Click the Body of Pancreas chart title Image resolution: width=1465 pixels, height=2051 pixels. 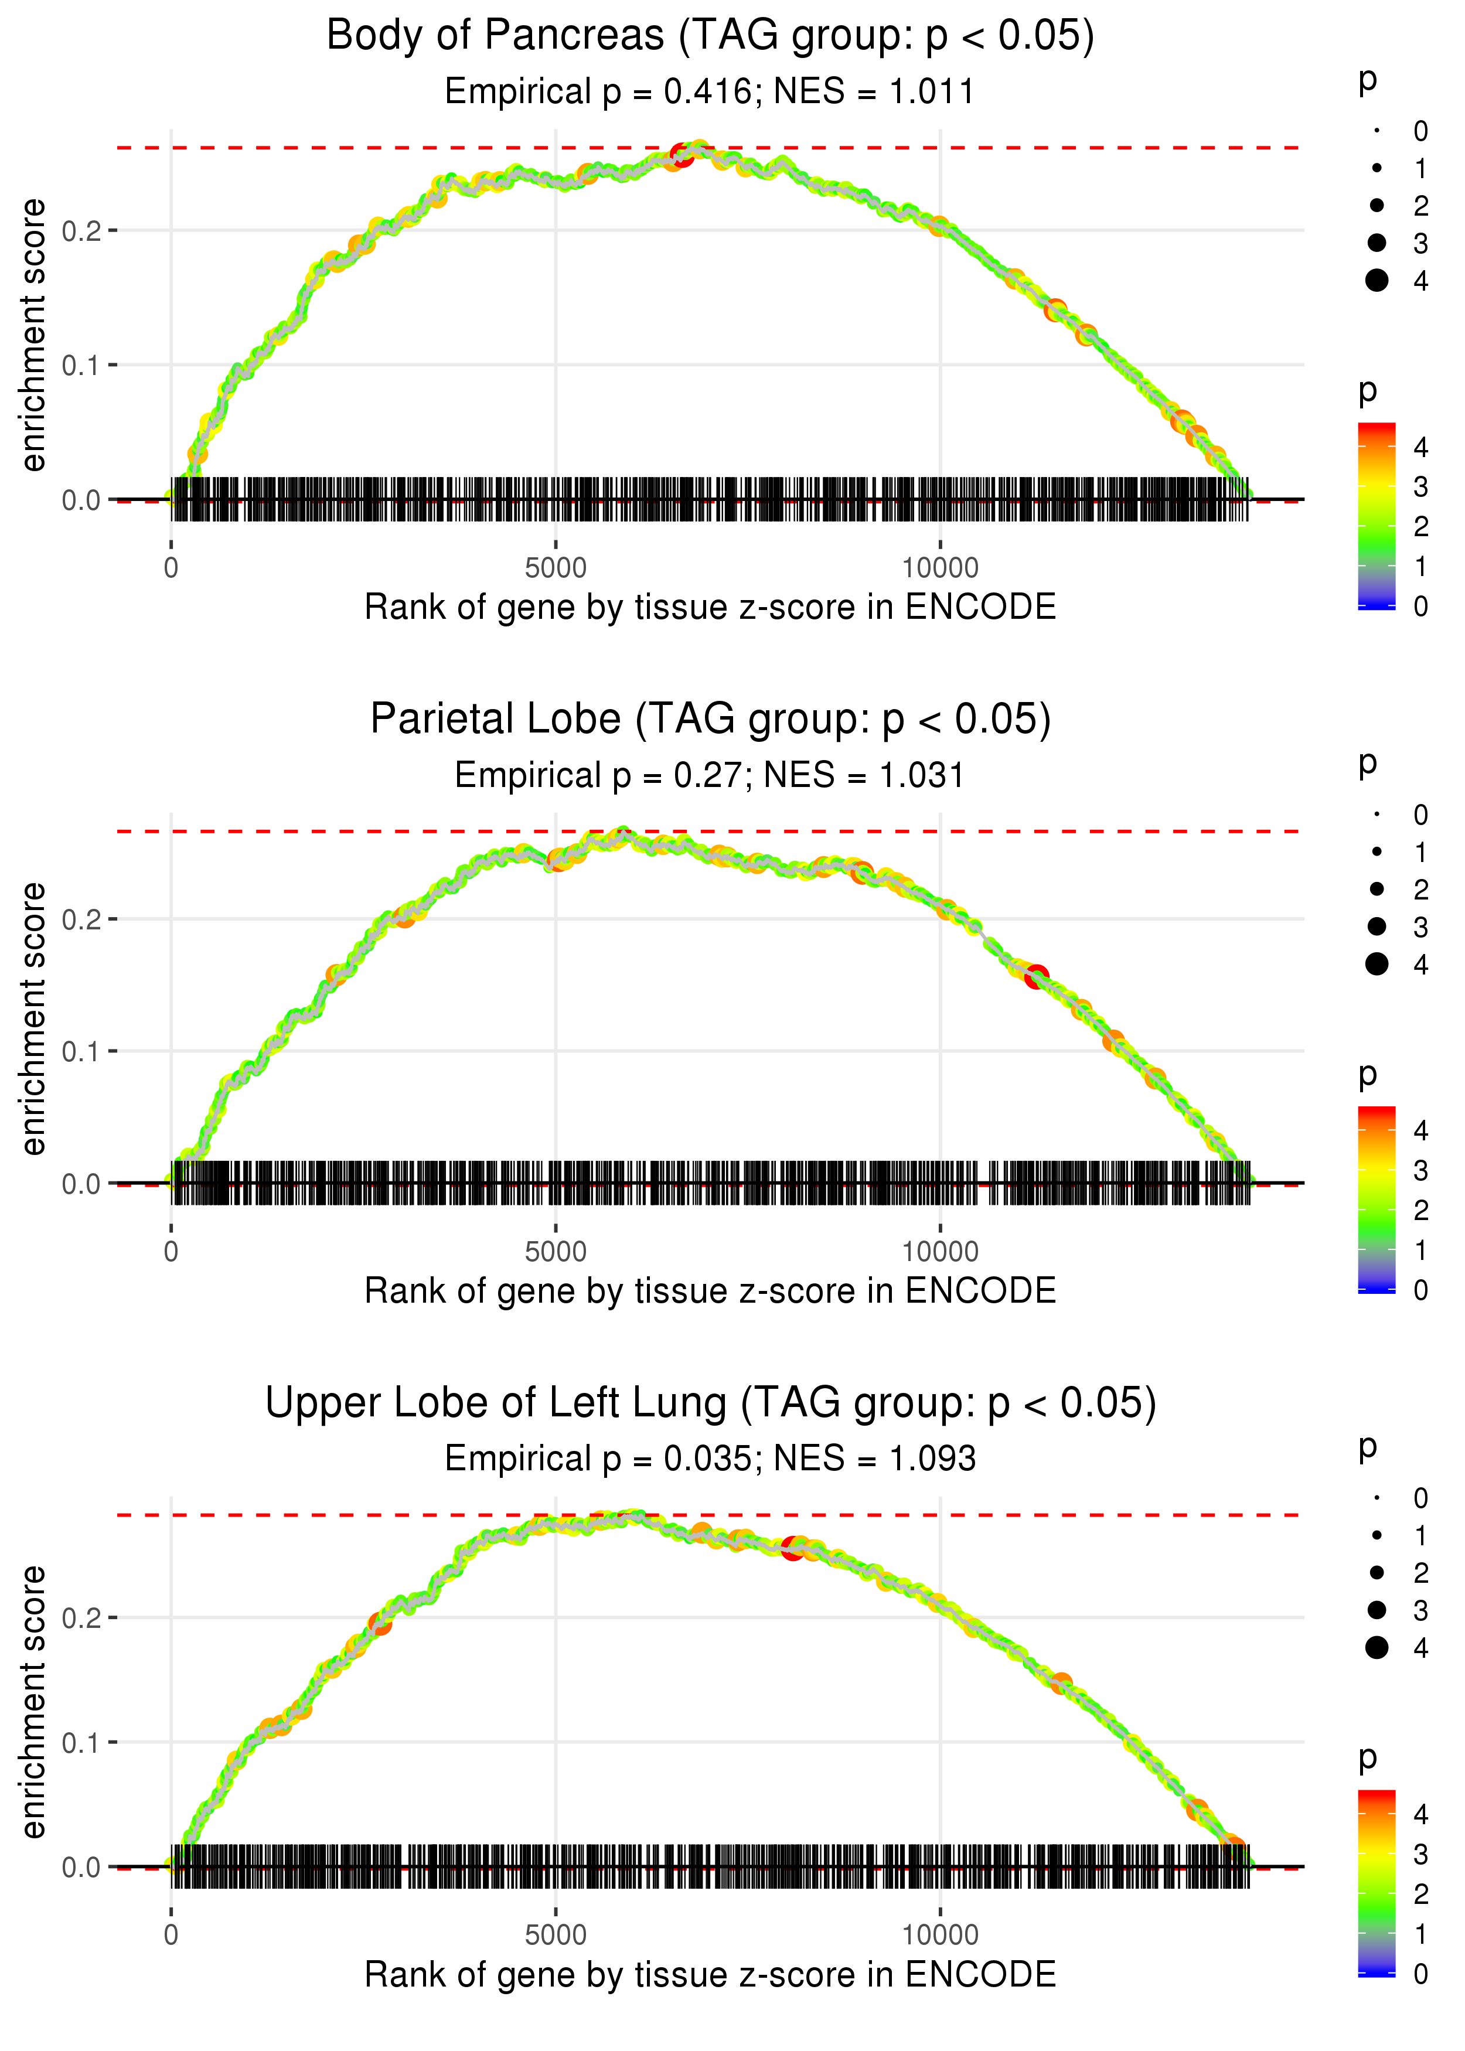[x=710, y=36]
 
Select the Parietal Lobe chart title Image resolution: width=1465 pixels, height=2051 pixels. [x=710, y=720]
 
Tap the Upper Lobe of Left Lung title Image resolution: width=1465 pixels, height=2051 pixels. [x=710, y=1403]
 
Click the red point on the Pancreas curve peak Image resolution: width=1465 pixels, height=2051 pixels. [x=682, y=154]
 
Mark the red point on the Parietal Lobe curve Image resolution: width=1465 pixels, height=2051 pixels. [x=1037, y=977]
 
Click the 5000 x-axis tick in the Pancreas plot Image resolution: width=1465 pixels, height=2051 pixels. [x=556, y=568]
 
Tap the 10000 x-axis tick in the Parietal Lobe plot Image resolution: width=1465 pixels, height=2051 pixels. [x=940, y=1252]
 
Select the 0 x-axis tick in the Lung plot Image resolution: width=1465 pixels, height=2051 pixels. [x=171, y=1936]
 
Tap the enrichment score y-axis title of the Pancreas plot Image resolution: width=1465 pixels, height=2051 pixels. [x=33, y=336]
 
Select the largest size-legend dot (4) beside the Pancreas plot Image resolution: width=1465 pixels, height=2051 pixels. [x=1377, y=281]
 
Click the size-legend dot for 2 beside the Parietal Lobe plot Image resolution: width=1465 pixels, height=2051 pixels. [x=1377, y=890]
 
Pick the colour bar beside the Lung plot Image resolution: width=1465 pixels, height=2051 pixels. [x=1377, y=1883]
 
